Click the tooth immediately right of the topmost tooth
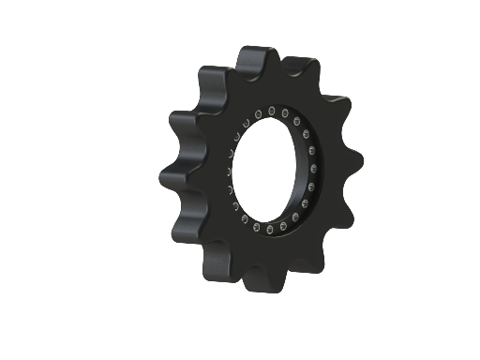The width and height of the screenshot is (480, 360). (301, 70)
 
